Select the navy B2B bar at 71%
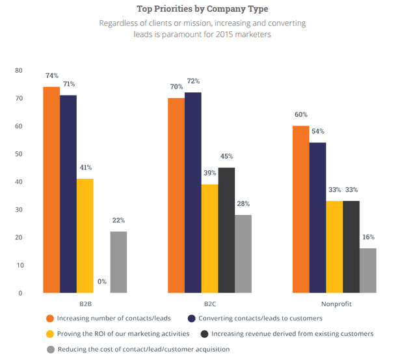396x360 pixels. [68, 194]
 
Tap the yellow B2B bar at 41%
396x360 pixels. [85, 235]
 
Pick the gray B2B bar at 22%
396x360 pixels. [118, 262]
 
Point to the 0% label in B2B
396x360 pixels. [101, 282]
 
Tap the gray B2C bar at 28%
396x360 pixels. [243, 253]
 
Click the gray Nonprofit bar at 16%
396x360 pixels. [367, 270]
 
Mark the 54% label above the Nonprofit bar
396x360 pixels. [318, 131]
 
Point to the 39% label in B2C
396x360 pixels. [209, 173]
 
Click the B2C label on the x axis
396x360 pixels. [209, 303]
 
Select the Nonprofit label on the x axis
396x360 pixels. [334, 303]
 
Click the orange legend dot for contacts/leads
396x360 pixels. [49, 318]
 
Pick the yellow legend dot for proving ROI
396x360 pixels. [49, 333]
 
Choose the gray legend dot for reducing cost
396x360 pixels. [49, 349]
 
